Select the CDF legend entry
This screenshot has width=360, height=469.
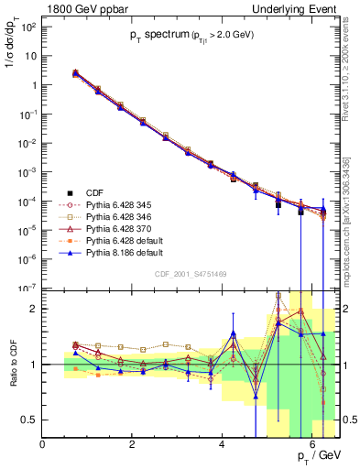[93, 191]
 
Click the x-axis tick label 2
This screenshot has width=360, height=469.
[133, 444]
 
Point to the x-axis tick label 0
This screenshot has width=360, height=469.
[43, 444]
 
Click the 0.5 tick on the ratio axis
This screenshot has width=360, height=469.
[30, 420]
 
